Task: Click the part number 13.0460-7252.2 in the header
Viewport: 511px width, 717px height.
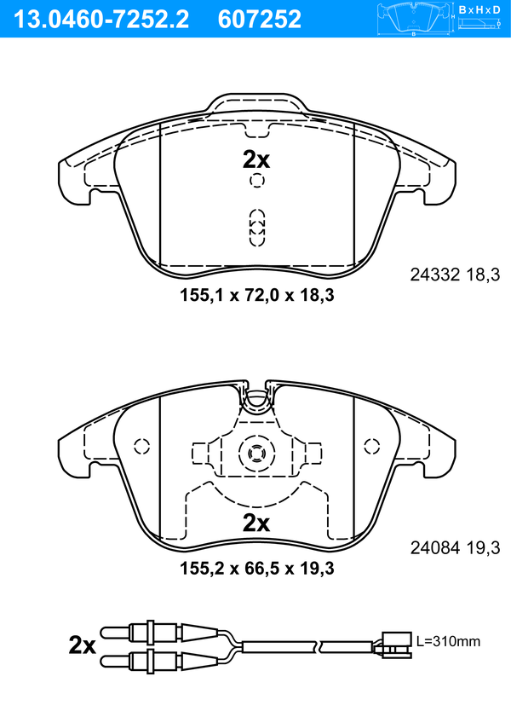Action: [101, 20]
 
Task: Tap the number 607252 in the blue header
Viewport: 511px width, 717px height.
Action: [260, 20]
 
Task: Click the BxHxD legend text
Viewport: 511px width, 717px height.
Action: [479, 9]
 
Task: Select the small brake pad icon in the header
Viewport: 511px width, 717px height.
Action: [414, 19]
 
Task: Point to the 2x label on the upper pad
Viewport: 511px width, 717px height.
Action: [256, 159]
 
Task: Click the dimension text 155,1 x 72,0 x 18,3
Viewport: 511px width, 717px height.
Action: [257, 295]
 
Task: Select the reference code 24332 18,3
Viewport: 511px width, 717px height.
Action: [455, 275]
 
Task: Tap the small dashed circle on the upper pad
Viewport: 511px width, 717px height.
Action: [257, 181]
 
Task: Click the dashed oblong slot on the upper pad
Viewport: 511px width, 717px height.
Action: [257, 228]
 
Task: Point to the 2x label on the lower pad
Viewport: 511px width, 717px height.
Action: [256, 523]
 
